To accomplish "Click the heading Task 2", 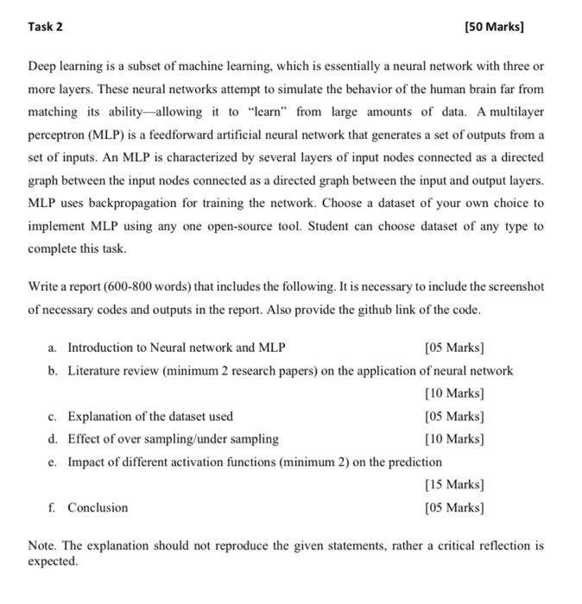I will (x=45, y=27).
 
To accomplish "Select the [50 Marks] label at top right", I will (x=494, y=27).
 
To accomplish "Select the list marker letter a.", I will (x=53, y=348).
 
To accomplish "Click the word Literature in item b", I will (x=97, y=371).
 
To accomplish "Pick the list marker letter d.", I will (x=53, y=438).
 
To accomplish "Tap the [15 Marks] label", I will (x=454, y=484).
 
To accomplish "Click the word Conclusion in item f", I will (x=98, y=507).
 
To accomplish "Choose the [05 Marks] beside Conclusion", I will (x=454, y=507).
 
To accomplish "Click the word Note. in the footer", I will (x=43, y=546).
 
